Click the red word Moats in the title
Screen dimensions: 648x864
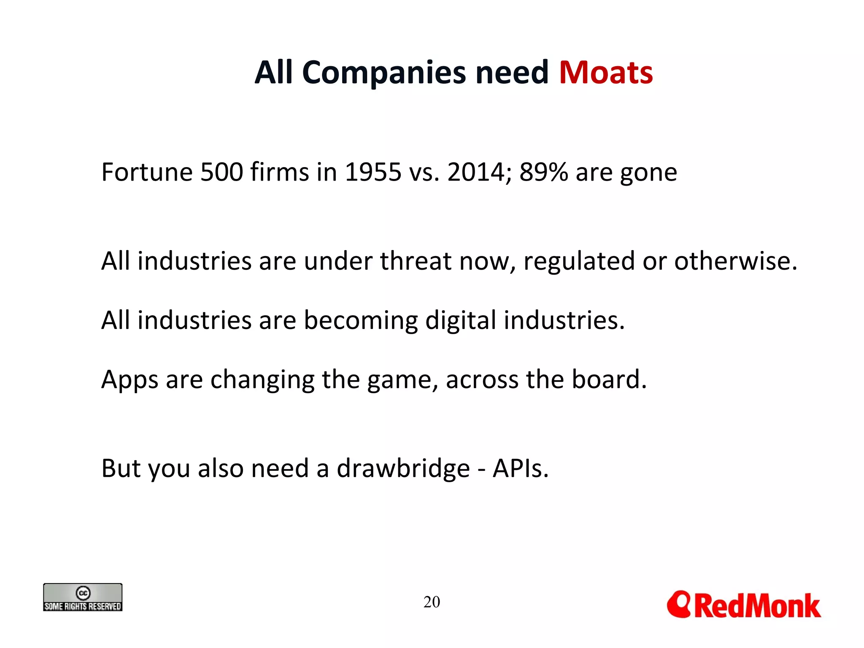606,73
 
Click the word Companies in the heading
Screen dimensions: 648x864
383,73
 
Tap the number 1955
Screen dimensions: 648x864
373,172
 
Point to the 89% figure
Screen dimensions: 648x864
543,172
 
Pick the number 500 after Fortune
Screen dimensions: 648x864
221,172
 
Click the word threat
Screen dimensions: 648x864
416,261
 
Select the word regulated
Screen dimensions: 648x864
579,261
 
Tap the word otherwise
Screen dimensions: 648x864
735,261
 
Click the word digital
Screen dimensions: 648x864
460,320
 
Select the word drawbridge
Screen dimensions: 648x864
403,469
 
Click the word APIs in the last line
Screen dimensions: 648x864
520,468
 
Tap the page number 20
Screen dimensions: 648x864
432,602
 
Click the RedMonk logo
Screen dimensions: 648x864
743,605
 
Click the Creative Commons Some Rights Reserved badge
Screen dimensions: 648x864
83,597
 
